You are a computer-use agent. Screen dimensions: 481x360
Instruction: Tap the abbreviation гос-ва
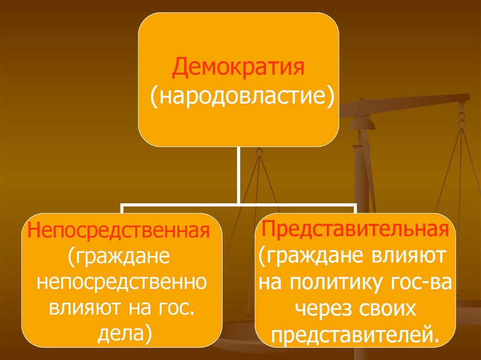pos(420,283)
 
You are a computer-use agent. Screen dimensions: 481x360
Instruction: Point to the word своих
pos(388,308)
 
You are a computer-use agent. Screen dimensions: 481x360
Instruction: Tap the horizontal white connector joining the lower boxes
pos(239,205)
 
